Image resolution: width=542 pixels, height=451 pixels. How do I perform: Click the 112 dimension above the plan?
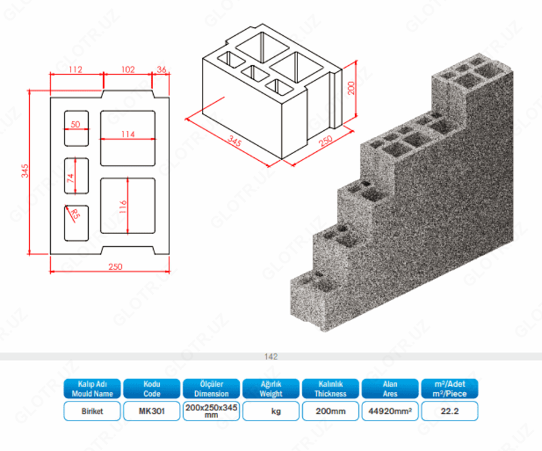[75, 68]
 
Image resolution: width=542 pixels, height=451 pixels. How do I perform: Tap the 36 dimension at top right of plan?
[162, 68]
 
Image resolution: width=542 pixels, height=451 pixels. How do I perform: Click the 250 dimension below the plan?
[115, 267]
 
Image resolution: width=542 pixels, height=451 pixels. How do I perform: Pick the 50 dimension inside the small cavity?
[75, 124]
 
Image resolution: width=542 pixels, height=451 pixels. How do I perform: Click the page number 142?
[271, 356]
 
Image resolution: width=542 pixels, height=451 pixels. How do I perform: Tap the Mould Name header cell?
[92, 389]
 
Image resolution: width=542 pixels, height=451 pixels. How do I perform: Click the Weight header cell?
[271, 389]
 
